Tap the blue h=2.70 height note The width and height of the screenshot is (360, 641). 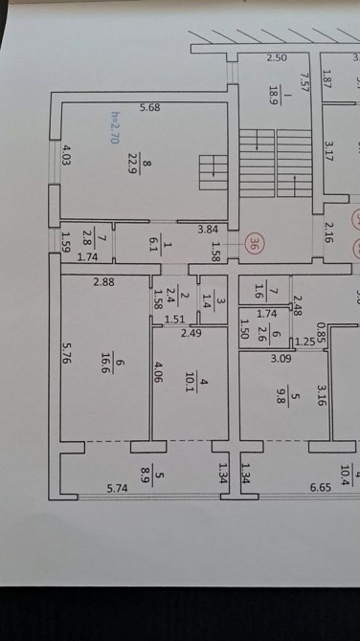pyautogui.click(x=114, y=126)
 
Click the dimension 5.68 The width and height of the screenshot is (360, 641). pyautogui.click(x=149, y=108)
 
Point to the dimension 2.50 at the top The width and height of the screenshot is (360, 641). pyautogui.click(x=277, y=57)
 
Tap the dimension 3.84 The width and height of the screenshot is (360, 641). pyautogui.click(x=208, y=230)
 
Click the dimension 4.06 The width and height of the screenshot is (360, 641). pyautogui.click(x=159, y=370)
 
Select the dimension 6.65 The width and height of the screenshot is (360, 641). pyautogui.click(x=320, y=488)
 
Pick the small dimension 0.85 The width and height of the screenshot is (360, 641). pyautogui.click(x=320, y=331)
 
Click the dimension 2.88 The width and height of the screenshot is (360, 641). pyautogui.click(x=104, y=282)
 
